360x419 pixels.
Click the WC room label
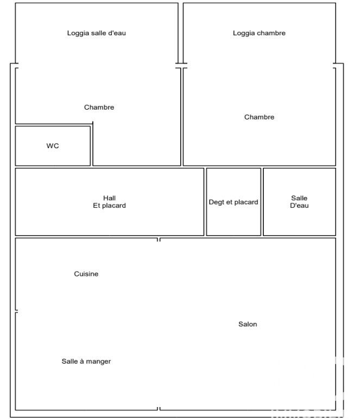pyautogui.click(x=52, y=146)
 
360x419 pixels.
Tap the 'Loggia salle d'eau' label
pyautogui.click(x=97, y=33)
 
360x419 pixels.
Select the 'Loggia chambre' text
pyautogui.click(x=259, y=33)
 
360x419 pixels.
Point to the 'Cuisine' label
pyautogui.click(x=86, y=274)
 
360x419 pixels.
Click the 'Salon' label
pyautogui.click(x=248, y=324)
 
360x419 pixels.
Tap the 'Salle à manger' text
pyautogui.click(x=86, y=361)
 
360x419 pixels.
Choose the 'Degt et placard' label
pyautogui.click(x=233, y=202)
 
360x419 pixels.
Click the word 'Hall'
pyautogui.click(x=109, y=198)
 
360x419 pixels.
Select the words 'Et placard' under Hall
pyautogui.click(x=109, y=206)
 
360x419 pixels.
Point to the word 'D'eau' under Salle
pyautogui.click(x=299, y=206)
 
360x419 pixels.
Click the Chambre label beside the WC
pyautogui.click(x=99, y=107)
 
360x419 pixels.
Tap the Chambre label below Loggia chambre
pyautogui.click(x=259, y=117)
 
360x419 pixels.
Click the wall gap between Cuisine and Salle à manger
pyautogui.click(x=16, y=311)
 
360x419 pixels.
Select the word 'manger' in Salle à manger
pyautogui.click(x=98, y=362)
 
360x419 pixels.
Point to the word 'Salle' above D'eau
pyautogui.click(x=299, y=198)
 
